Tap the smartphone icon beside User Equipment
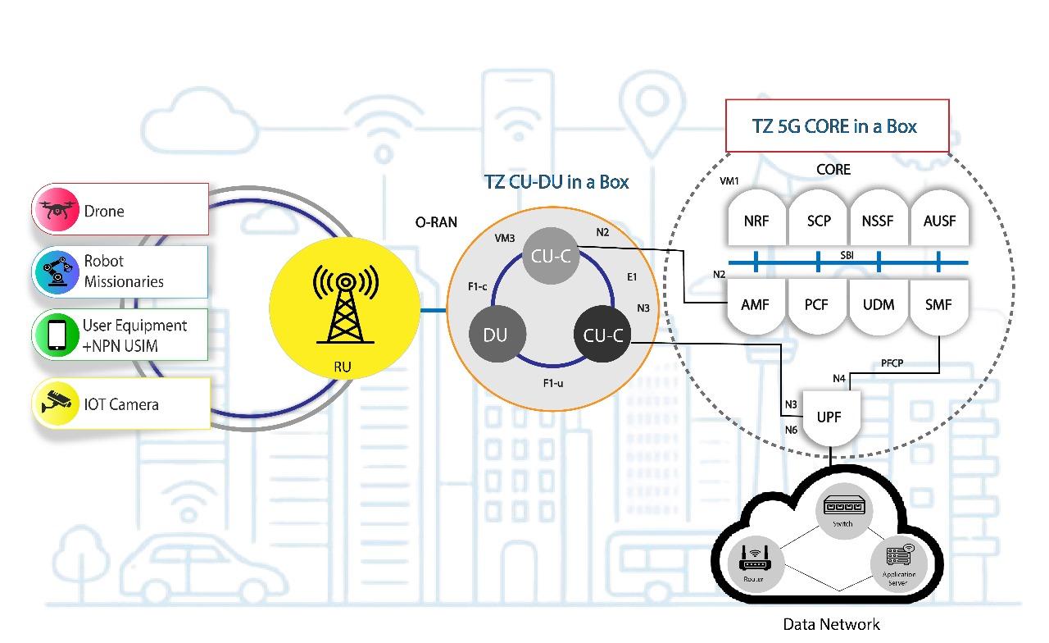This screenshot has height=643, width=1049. click(57, 335)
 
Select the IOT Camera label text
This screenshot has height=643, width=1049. click(121, 404)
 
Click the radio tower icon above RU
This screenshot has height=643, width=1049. click(343, 303)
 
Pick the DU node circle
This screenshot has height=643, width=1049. click(496, 335)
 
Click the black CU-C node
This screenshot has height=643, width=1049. click(603, 335)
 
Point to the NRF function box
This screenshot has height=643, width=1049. click(756, 221)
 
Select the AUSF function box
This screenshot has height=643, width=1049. click(939, 221)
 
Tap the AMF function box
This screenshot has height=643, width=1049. click(756, 304)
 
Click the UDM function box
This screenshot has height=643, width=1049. click(878, 304)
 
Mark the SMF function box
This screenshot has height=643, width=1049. click(938, 304)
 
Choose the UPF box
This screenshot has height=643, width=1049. click(829, 417)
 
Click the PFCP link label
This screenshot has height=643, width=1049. click(892, 363)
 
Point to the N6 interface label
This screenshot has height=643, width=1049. click(791, 430)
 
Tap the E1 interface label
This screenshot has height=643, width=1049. click(632, 277)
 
